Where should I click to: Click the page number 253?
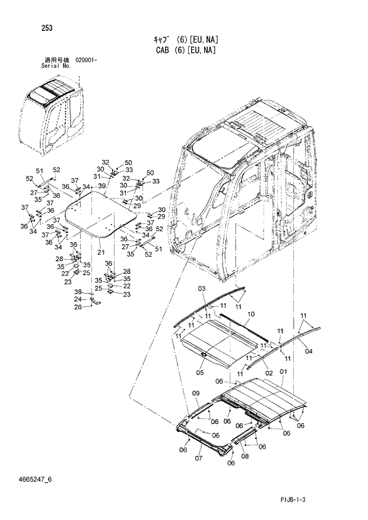(47, 27)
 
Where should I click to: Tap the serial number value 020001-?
(87, 61)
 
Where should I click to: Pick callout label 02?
(268, 373)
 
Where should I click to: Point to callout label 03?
(201, 289)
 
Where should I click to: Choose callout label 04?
(308, 351)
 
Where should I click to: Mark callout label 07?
(199, 458)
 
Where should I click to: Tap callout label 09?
(196, 393)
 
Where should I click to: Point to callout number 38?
(77, 292)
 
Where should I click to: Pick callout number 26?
(77, 307)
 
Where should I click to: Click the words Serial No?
(56, 66)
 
